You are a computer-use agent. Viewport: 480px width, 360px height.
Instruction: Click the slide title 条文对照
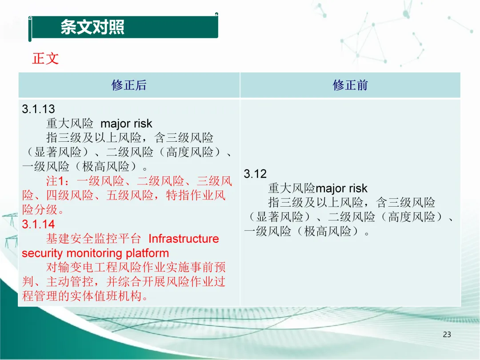[92, 27]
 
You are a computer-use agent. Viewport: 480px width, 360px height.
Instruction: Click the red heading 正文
[45, 59]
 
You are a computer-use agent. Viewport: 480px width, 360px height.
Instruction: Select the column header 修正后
[129, 85]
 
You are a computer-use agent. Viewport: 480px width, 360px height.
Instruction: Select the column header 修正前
[350, 85]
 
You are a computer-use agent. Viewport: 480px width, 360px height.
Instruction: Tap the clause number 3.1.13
[38, 109]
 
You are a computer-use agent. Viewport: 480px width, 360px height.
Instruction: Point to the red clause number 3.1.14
[38, 224]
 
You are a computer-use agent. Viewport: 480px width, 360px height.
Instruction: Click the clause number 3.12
[255, 174]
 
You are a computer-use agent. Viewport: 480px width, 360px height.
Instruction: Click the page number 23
[447, 334]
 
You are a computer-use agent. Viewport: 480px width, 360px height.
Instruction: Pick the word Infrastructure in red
[184, 239]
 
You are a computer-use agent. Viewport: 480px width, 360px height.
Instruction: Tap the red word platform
[147, 253]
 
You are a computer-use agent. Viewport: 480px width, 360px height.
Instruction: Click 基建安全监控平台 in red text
[94, 239]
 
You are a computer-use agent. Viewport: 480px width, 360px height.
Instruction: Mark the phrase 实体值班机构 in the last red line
[106, 296]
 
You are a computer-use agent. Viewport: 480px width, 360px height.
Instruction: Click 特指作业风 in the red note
[196, 195]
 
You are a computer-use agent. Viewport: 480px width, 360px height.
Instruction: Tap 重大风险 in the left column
[70, 124]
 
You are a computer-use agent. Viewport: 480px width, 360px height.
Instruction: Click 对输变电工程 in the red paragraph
[82, 267]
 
